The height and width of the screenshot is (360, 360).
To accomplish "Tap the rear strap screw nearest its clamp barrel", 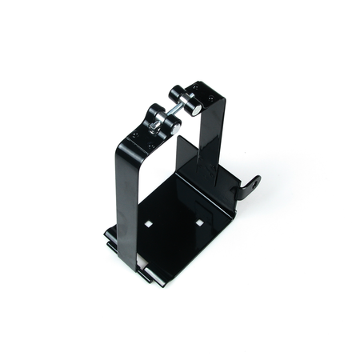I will click(x=198, y=89).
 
